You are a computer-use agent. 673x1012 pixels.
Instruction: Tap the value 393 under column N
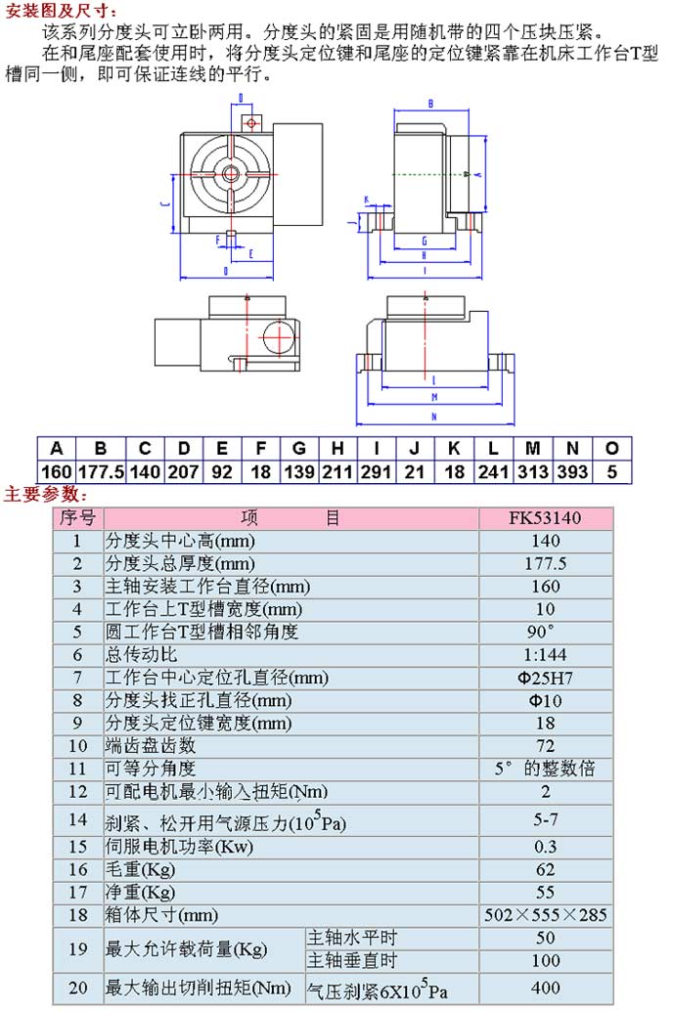pos(572,471)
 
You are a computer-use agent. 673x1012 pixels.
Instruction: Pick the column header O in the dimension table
pos(612,449)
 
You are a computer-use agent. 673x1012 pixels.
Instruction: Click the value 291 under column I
pos(376,471)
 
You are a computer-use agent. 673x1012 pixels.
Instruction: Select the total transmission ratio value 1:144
pos(545,654)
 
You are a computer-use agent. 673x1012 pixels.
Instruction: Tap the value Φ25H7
pos(545,678)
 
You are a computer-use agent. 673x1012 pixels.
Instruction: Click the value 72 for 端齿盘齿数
pos(545,745)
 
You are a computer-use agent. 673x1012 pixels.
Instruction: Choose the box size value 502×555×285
pos(545,915)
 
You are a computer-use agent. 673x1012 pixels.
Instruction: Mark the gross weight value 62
pos(545,868)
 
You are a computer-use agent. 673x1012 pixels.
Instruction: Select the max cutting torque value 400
pos(545,989)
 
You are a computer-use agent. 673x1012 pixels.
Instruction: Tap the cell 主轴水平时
pos(353,938)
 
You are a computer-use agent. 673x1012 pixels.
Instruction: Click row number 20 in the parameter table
pos(77,989)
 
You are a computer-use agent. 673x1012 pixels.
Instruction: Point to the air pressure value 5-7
pos(545,817)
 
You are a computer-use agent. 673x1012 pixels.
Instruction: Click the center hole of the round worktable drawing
pos(231,173)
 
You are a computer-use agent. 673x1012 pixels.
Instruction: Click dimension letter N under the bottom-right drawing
pos(434,418)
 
